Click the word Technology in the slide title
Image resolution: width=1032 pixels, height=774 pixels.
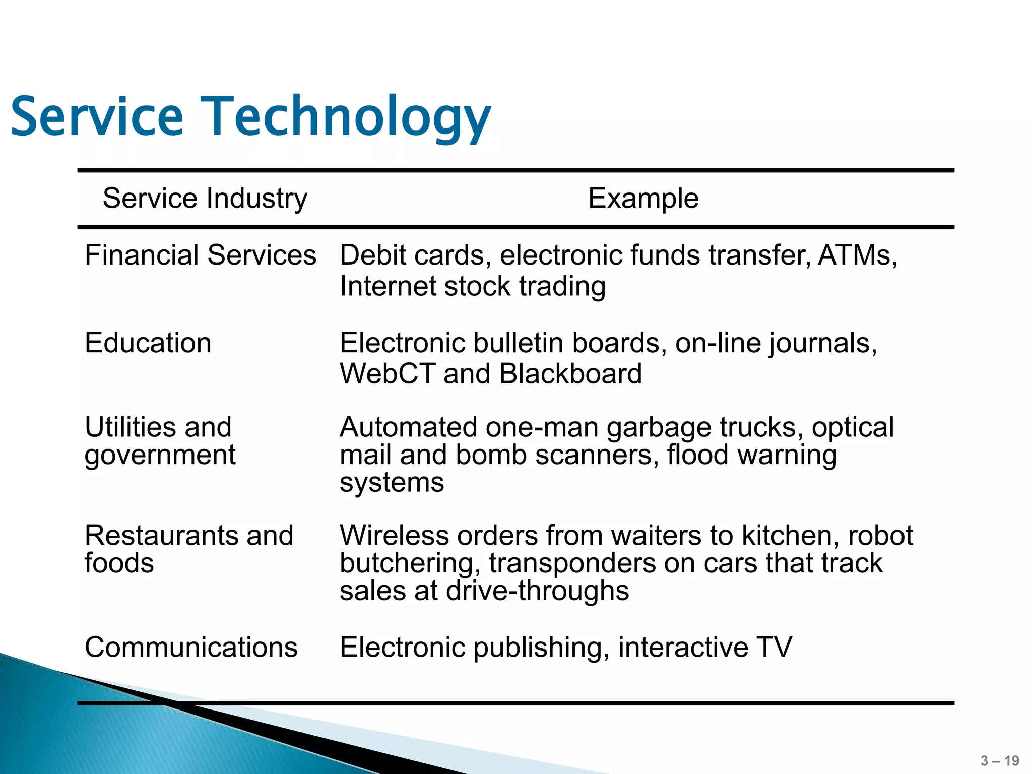click(x=346, y=117)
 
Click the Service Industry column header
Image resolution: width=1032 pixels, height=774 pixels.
click(x=205, y=198)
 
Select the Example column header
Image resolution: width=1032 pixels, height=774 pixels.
click(x=643, y=198)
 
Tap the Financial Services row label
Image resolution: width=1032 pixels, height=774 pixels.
click(x=200, y=255)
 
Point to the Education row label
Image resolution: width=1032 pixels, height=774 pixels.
click(x=148, y=343)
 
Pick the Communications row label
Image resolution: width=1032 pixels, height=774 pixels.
click(x=191, y=647)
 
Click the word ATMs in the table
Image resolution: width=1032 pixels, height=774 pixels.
click(x=857, y=255)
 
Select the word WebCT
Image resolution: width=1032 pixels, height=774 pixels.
click(x=386, y=374)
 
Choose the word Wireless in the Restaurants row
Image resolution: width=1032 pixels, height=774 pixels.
click(x=394, y=535)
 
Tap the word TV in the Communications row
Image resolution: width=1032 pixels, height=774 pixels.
click(x=773, y=647)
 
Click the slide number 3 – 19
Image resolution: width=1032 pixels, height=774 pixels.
click(x=1000, y=760)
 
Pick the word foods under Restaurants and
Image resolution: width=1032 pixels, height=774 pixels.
click(x=119, y=563)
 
